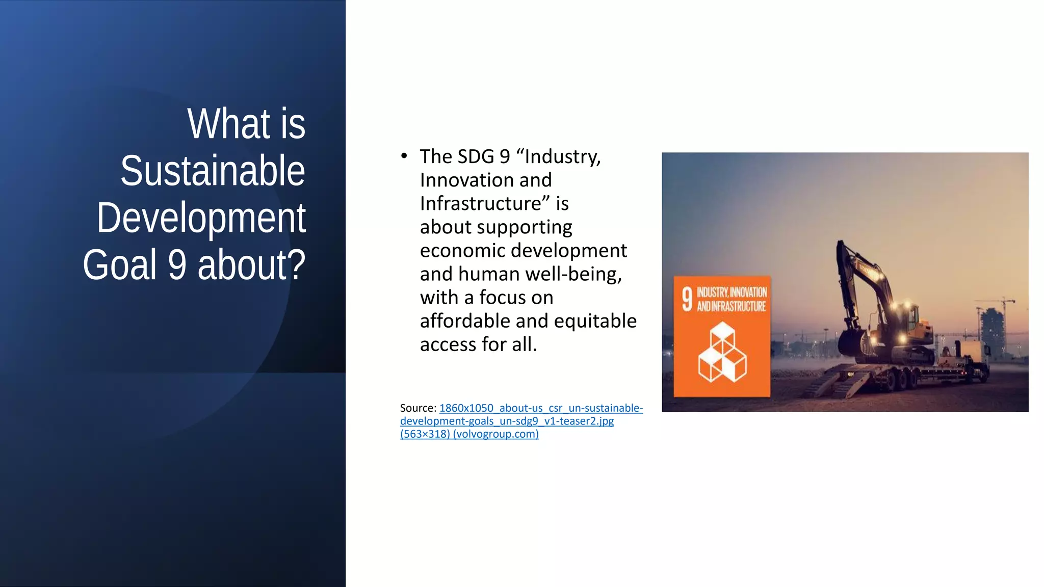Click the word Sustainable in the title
[x=213, y=171]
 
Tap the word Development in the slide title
[x=201, y=218]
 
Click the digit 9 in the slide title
[x=177, y=265]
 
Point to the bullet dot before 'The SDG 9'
[x=404, y=155]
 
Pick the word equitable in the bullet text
[x=595, y=321]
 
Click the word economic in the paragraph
[x=461, y=251]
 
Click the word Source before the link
[x=417, y=408]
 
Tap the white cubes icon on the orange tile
[x=722, y=353]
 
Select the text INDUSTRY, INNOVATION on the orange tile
[x=732, y=292]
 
